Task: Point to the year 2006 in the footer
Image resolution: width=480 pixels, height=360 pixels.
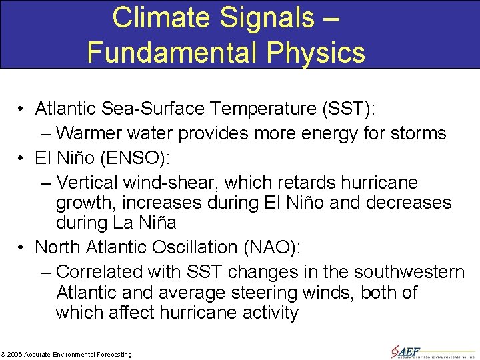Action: tap(14, 354)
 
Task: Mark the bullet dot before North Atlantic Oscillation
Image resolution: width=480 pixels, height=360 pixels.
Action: tap(22, 247)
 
